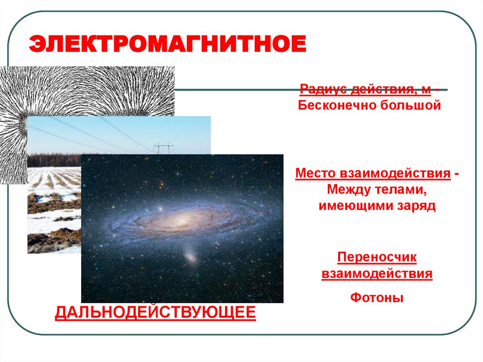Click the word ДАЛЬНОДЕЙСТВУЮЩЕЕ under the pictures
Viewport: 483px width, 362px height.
tap(156, 312)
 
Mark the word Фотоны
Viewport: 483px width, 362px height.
tap(377, 298)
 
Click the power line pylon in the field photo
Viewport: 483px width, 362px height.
tap(164, 148)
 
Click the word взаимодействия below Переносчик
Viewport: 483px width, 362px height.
tap(377, 274)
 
